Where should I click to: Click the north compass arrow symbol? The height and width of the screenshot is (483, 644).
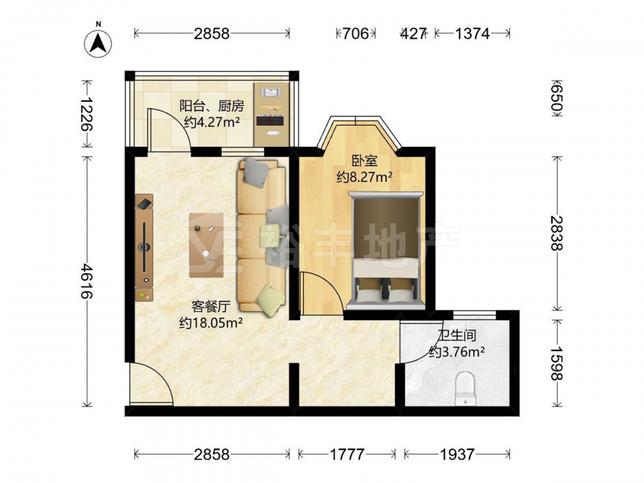[98, 43]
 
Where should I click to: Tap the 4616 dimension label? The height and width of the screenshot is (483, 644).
[87, 281]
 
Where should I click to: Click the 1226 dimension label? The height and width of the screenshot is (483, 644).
[87, 113]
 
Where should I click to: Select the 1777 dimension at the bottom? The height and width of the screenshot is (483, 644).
[346, 454]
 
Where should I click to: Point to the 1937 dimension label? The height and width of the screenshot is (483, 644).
[457, 454]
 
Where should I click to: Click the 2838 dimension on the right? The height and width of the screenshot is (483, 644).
[557, 233]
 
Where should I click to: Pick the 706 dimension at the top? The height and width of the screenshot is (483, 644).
[355, 33]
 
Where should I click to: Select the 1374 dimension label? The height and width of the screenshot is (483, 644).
[472, 33]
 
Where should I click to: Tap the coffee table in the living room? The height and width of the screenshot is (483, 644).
[207, 244]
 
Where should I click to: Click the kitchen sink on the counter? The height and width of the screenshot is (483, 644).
[270, 92]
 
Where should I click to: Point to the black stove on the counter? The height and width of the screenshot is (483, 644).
[270, 121]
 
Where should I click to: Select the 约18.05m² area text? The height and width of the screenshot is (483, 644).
[211, 323]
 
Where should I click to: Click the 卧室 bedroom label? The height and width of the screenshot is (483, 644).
[364, 160]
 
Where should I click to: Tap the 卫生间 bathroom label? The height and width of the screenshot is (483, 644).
[457, 335]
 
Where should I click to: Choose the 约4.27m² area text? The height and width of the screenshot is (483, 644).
[211, 122]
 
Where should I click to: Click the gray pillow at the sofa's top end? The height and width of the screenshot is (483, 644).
[256, 173]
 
